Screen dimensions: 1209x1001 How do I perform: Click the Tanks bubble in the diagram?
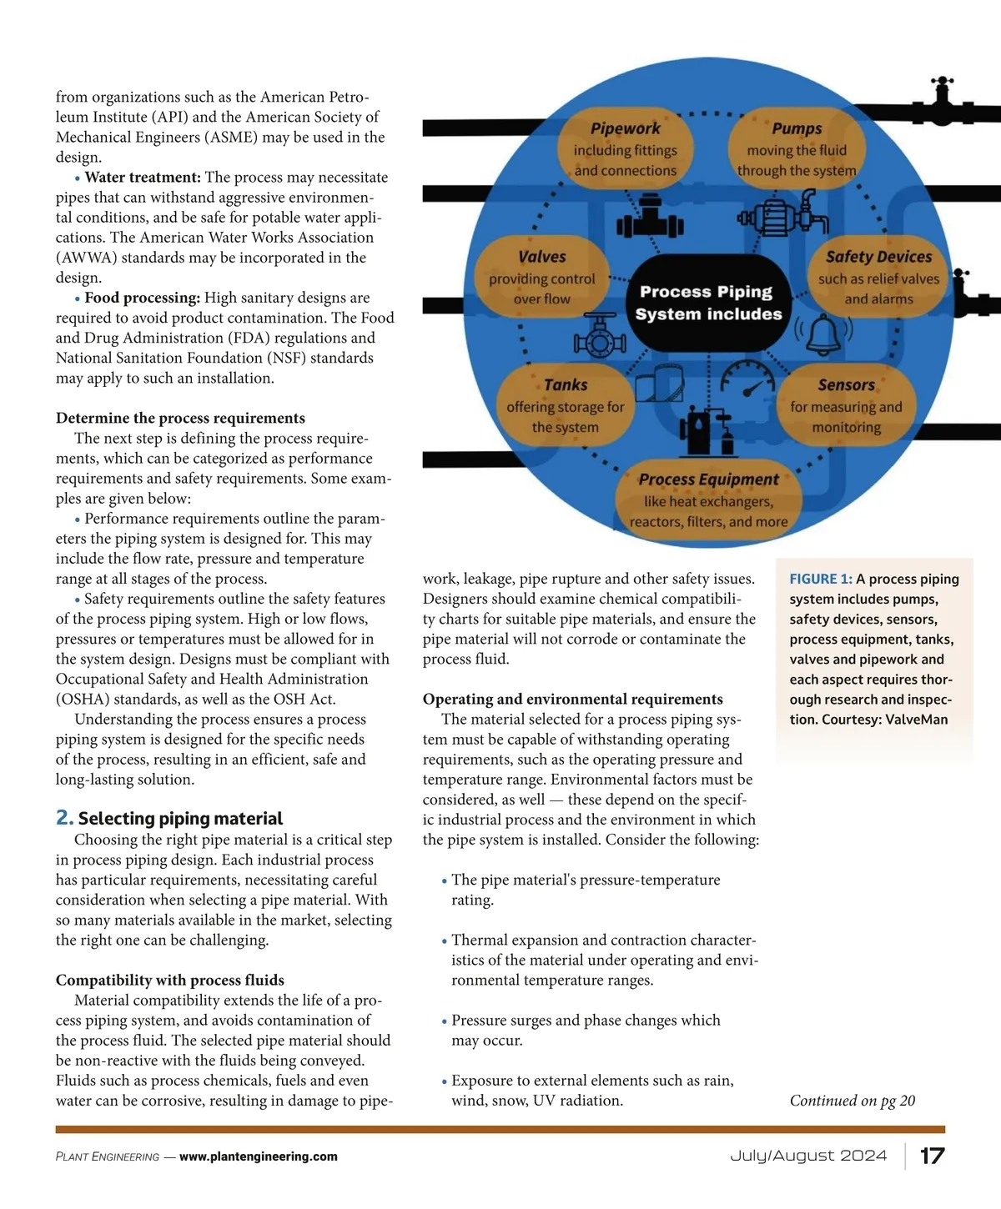tap(565, 406)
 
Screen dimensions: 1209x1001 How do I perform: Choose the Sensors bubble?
tap(846, 406)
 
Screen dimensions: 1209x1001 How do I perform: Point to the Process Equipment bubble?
tap(708, 501)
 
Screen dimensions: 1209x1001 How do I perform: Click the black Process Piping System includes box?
tap(708, 303)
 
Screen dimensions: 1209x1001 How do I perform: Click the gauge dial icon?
tap(748, 379)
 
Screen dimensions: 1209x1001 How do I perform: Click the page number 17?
tap(932, 1156)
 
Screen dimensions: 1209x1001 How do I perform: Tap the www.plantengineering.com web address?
tap(259, 1156)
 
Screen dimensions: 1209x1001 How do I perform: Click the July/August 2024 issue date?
tap(808, 1156)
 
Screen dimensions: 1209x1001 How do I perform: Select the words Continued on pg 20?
tap(852, 1101)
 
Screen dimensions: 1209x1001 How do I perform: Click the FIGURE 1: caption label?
tap(821, 579)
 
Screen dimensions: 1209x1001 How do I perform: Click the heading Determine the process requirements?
tap(180, 418)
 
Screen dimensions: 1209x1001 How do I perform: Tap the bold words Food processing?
tap(143, 298)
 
